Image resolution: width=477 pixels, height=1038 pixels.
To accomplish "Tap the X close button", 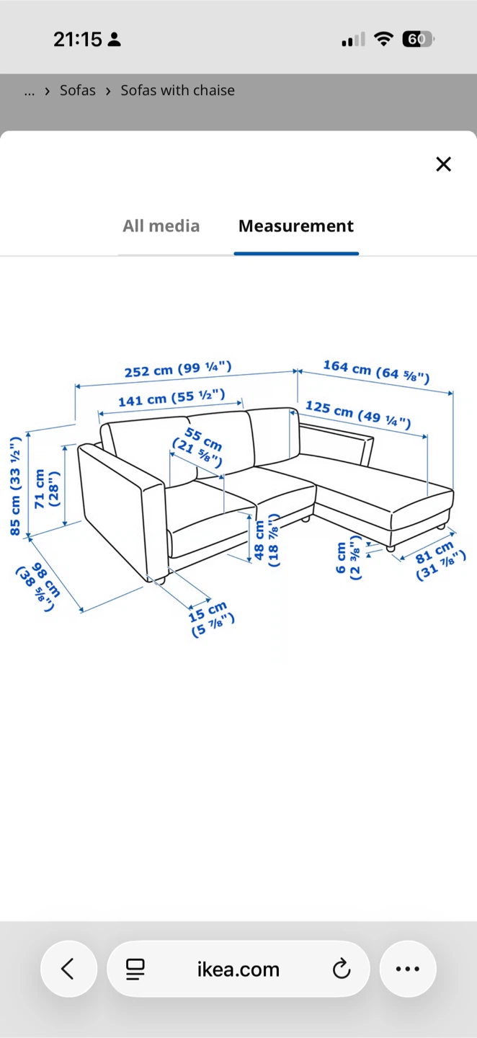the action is [443, 164].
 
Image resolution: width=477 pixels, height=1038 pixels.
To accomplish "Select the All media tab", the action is [161, 226].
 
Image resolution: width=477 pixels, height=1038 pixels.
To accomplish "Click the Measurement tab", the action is [296, 226].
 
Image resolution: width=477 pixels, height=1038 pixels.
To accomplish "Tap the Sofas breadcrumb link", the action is [77, 90].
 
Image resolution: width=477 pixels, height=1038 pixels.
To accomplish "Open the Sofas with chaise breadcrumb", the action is [177, 90].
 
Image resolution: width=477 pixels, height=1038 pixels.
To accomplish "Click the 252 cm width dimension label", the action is [178, 369].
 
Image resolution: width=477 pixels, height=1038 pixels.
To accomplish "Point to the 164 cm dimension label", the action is [376, 372].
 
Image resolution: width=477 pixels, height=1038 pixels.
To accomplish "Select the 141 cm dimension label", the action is [171, 398].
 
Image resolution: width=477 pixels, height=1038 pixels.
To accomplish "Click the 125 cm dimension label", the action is [358, 414].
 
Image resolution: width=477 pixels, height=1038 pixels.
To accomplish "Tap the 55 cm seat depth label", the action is [197, 447].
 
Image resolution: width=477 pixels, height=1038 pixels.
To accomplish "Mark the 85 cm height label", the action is [15, 486].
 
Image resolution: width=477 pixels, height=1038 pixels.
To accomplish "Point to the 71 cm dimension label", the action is [47, 489].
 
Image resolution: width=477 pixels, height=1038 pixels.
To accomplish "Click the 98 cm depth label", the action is [39, 587].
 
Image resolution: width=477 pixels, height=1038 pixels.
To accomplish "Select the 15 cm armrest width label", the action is [210, 619].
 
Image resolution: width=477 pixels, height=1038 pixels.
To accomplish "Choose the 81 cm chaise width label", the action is [439, 560].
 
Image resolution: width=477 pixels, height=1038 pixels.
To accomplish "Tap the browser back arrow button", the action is [68, 969].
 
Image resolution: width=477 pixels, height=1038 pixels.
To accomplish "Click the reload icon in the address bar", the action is [342, 969].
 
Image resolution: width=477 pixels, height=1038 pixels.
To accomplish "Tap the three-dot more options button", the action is [408, 969].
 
